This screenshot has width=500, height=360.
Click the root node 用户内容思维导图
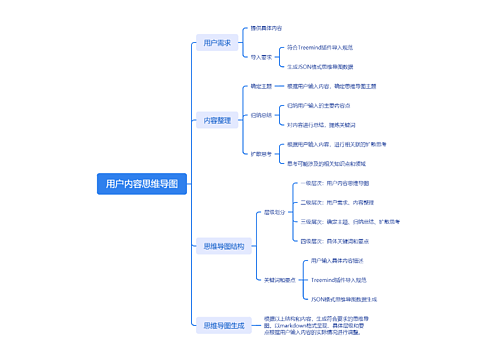pyautogui.click(x=141, y=184)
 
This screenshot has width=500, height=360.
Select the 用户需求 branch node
pyautogui.click(x=217, y=44)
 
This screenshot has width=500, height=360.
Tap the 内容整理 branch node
pyautogui.click(x=217, y=120)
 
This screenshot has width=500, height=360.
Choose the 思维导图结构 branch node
pyautogui.click(x=223, y=245)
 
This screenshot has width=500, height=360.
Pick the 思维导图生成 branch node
pyautogui.click(x=223, y=325)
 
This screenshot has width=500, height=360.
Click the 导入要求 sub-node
pyautogui.click(x=261, y=57)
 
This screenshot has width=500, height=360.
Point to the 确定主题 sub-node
pyautogui.click(x=260, y=87)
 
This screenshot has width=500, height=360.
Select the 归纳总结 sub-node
pyautogui.click(x=260, y=115)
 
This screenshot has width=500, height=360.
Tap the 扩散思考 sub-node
pyautogui.click(x=260, y=153)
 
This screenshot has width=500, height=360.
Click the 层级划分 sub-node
pyautogui.click(x=274, y=212)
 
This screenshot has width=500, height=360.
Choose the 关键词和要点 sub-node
pyautogui.click(x=277, y=279)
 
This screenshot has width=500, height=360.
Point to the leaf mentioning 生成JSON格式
pyautogui.click(x=326, y=67)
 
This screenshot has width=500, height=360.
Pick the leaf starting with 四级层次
pyautogui.click(x=337, y=241)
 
